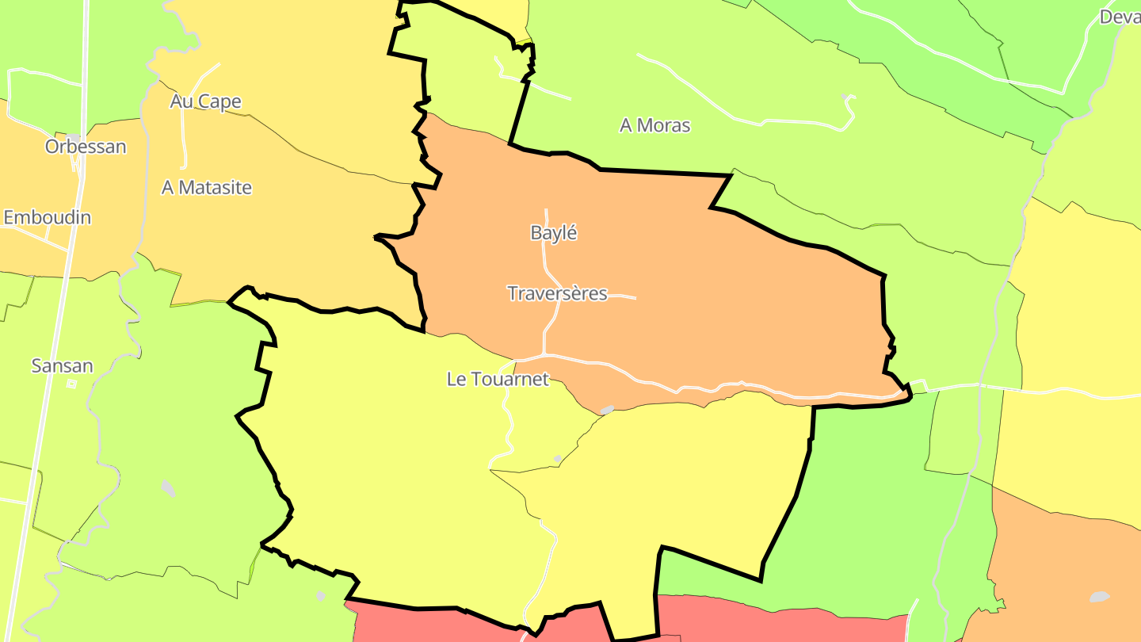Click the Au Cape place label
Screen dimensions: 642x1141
click(205, 101)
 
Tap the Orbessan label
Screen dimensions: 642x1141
click(86, 147)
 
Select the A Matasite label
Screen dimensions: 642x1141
click(207, 188)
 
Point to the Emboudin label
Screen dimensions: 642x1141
click(48, 217)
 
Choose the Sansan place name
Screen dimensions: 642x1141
click(62, 366)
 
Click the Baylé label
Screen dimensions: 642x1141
click(554, 233)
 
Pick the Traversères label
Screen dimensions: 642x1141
click(557, 294)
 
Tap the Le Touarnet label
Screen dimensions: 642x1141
click(498, 380)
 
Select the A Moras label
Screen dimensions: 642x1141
click(654, 125)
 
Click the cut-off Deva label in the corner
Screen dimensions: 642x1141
click(1120, 17)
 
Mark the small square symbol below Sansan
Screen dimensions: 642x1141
click(71, 384)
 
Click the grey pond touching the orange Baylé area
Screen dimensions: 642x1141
click(607, 410)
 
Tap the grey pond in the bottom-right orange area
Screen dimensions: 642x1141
click(1099, 596)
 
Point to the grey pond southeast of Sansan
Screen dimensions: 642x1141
click(168, 488)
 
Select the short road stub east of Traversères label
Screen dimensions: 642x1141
click(623, 297)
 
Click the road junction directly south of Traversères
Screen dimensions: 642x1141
click(544, 353)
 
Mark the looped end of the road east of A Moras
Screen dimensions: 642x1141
click(849, 101)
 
